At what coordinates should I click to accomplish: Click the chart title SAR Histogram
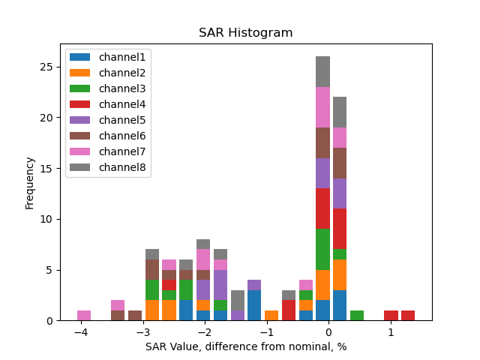click(245, 33)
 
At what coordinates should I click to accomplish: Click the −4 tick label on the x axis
click(81, 331)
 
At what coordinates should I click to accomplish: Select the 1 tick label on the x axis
click(390, 331)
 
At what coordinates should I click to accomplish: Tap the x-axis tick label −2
click(204, 331)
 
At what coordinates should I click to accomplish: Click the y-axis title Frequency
click(30, 182)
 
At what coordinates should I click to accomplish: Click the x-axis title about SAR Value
click(245, 346)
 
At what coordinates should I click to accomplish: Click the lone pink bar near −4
click(84, 316)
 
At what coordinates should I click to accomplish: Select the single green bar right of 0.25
click(357, 316)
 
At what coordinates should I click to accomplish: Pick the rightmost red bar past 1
click(408, 316)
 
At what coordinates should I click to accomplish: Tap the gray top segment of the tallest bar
click(322, 71)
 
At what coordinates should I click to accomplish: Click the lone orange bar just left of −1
click(271, 316)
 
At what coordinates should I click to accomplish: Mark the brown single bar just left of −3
click(135, 316)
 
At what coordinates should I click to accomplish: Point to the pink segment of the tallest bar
click(322, 107)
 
